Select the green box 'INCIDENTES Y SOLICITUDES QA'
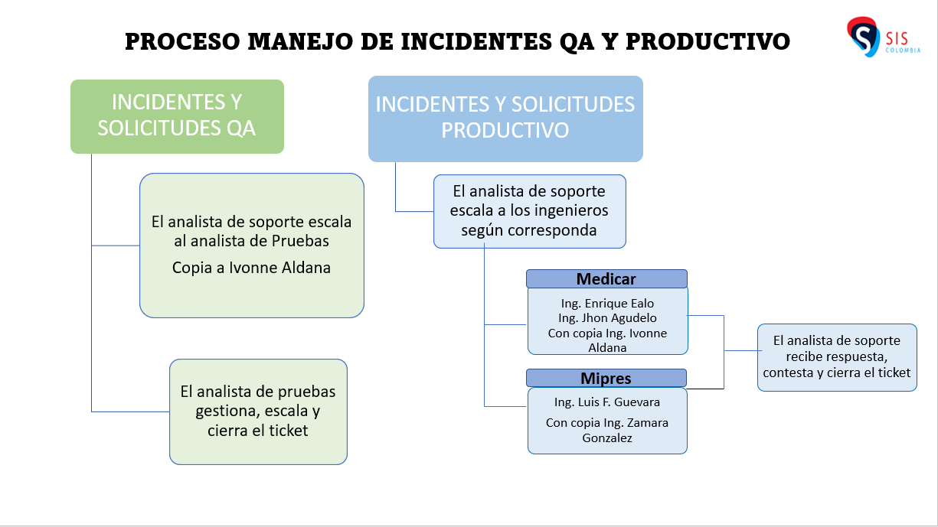(x=177, y=116)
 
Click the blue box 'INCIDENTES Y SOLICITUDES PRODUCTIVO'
(x=505, y=118)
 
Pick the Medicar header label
(x=606, y=278)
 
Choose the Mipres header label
(x=606, y=378)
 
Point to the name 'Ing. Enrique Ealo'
(x=607, y=304)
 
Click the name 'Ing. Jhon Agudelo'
(x=607, y=317)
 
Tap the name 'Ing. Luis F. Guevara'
(x=607, y=402)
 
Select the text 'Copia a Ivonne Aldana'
(x=251, y=268)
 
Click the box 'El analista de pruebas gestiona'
(x=258, y=412)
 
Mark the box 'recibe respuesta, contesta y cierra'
(x=837, y=357)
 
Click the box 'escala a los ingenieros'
(x=530, y=211)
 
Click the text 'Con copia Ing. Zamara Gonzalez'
(x=607, y=430)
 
